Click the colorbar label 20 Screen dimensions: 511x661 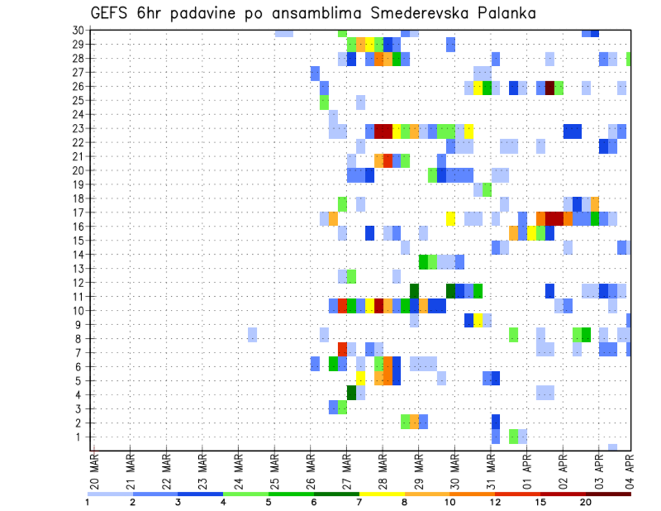coord(585,502)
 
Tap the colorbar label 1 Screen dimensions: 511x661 coord(87,502)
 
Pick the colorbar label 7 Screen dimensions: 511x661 coord(359,502)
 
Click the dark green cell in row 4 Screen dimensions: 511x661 coord(351,392)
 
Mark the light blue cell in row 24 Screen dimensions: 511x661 coord(333,114)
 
